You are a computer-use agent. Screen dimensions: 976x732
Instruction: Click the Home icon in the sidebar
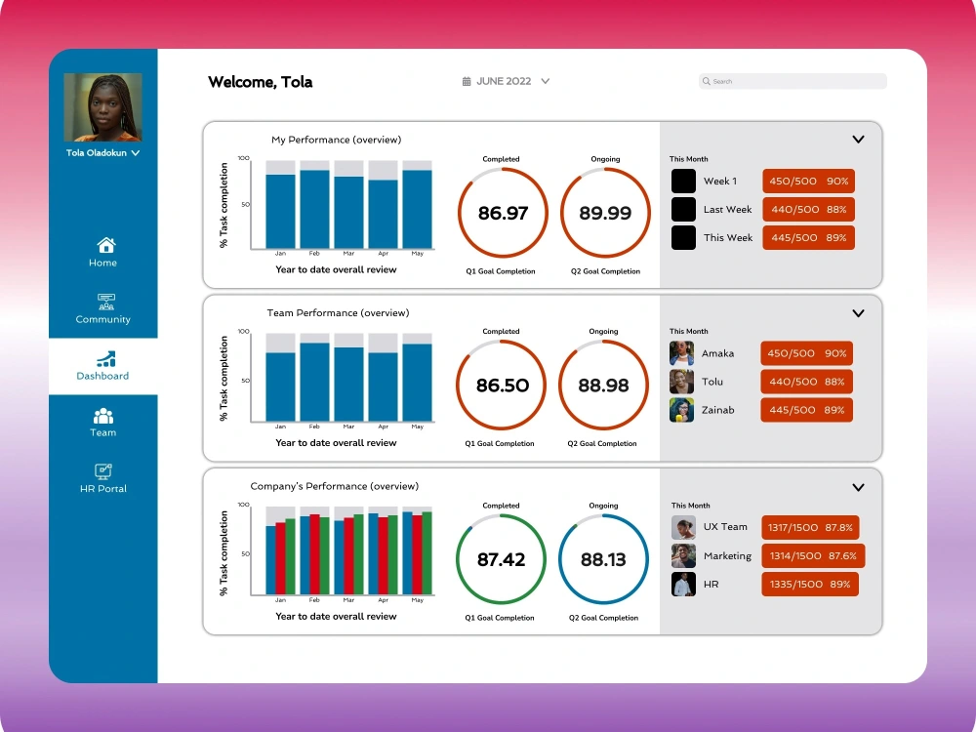pyautogui.click(x=105, y=245)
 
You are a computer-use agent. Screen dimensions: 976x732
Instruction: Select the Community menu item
pyautogui.click(x=102, y=308)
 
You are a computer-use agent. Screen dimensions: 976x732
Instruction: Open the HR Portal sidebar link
pyautogui.click(x=102, y=478)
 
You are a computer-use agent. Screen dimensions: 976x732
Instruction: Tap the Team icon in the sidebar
pyautogui.click(x=103, y=415)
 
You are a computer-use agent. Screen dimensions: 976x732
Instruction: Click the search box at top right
pyautogui.click(x=793, y=81)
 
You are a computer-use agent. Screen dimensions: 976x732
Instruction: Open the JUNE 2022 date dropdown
pyautogui.click(x=506, y=81)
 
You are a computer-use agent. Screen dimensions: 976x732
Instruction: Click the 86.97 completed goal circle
pyautogui.click(x=503, y=212)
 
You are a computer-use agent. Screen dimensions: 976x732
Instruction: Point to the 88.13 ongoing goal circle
pyautogui.click(x=603, y=559)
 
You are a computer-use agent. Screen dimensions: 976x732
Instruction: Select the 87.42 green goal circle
pyautogui.click(x=501, y=559)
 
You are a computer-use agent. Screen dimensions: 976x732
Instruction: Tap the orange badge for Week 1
pyautogui.click(x=808, y=182)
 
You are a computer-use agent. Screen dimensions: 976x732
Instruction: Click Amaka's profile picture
pyautogui.click(x=681, y=353)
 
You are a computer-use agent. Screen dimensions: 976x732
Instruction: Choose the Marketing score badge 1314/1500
pyautogui.click(x=813, y=556)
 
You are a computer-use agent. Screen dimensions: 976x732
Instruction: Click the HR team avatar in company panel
pyautogui.click(x=683, y=584)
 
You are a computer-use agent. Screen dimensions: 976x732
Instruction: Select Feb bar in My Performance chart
pyautogui.click(x=314, y=209)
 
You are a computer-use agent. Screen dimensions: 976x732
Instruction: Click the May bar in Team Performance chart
pyautogui.click(x=417, y=383)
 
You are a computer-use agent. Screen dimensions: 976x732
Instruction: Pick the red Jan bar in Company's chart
pyautogui.click(x=281, y=558)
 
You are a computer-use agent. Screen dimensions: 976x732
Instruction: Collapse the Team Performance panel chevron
pyautogui.click(x=858, y=313)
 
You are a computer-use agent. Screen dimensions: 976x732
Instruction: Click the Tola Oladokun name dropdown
pyautogui.click(x=102, y=152)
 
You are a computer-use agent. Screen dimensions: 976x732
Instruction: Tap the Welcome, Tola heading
pyautogui.click(x=261, y=82)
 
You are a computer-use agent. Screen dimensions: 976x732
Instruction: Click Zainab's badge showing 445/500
pyautogui.click(x=806, y=410)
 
